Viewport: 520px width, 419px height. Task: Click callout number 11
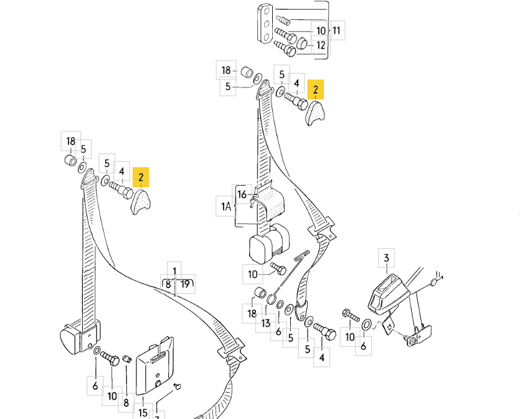(337, 30)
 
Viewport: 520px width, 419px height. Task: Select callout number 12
(321, 45)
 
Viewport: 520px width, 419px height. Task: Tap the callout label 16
(242, 195)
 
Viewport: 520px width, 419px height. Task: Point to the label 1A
(225, 206)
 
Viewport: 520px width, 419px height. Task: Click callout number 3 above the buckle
(386, 258)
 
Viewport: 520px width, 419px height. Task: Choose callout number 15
(143, 412)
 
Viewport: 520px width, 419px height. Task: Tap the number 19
(185, 285)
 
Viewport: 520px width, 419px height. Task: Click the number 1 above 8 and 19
(175, 271)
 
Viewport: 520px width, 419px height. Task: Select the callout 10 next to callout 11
(321, 30)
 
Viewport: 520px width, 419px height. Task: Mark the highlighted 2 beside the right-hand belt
(316, 90)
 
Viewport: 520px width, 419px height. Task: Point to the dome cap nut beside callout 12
(302, 44)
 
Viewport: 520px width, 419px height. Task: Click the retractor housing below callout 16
(268, 243)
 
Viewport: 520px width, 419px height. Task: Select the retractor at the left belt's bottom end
(78, 337)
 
